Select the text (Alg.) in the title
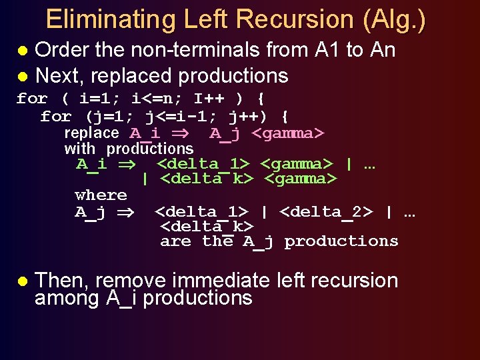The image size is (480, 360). click(x=394, y=19)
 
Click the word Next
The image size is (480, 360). click(x=57, y=75)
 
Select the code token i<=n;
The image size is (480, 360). click(x=157, y=99)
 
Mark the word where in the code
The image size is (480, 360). click(x=101, y=195)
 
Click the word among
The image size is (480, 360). click(x=66, y=298)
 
